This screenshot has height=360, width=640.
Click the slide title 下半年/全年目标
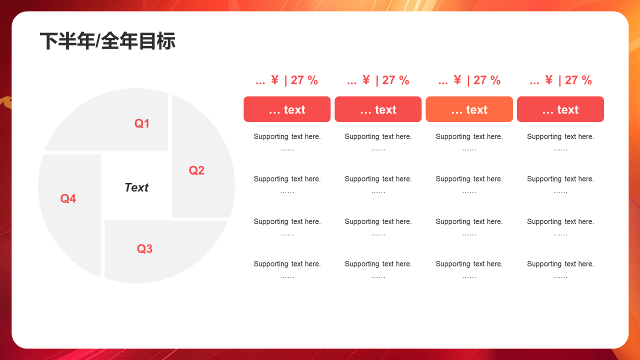107,41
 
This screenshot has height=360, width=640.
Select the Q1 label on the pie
142,123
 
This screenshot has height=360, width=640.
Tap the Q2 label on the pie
196,170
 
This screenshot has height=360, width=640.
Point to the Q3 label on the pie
144,248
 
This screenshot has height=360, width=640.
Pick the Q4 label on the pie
68,198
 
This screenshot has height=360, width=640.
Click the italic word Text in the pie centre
136,187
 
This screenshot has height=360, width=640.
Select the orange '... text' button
469,109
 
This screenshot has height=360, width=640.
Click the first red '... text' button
287,109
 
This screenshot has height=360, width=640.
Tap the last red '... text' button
560,109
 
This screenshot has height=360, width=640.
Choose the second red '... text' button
378,109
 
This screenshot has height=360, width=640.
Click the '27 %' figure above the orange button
487,80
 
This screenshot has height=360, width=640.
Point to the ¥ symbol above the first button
274,80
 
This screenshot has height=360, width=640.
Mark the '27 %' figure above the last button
578,80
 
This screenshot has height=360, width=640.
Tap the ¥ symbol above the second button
366,80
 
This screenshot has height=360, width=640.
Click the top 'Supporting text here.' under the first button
287,136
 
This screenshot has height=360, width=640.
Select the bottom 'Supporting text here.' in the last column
560,264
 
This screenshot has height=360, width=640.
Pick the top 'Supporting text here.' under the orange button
469,136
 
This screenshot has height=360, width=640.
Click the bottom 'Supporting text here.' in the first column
287,264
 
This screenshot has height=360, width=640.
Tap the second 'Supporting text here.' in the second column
378,179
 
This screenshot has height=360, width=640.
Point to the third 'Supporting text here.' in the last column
560,221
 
